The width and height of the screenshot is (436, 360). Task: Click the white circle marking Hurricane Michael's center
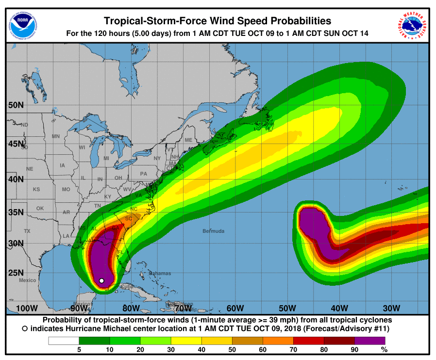pyautogui.click(x=101, y=280)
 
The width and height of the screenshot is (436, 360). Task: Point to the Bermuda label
pyautogui.click(x=214, y=231)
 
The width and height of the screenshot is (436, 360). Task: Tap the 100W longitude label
pyautogui.click(x=27, y=309)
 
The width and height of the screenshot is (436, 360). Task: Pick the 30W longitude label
pyautogui.click(x=391, y=309)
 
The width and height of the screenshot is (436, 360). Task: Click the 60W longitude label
pyautogui.click(x=235, y=309)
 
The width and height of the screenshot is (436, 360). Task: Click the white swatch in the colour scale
pyautogui.click(x=64, y=341)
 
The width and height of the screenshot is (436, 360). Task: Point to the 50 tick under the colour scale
pyautogui.click(x=232, y=349)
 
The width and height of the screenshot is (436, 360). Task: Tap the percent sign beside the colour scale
pyautogui.click(x=384, y=349)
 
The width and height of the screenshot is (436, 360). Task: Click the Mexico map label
pyautogui.click(x=28, y=280)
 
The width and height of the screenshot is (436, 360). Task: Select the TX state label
pyautogui.click(x=27, y=231)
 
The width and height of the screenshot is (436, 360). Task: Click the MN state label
pyautogui.click(x=56, y=136)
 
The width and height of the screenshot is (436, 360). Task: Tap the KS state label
pyautogui.click(x=36, y=189)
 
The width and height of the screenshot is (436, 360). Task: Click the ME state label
pyautogui.click(x=188, y=140)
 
